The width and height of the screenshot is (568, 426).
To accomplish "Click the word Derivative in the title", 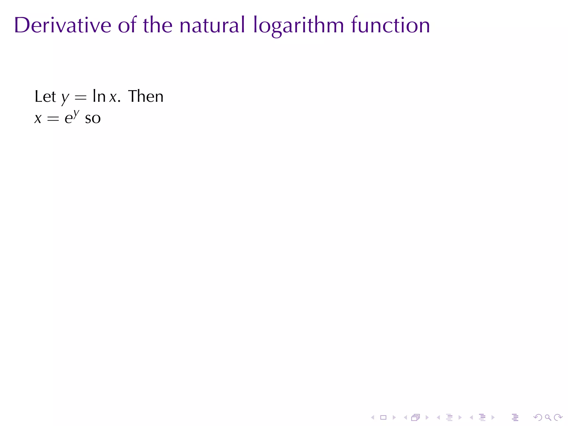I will point(63,26).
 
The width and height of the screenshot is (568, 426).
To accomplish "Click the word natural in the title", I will point(212,26).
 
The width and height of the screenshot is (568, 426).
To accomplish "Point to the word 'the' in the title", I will point(158,26).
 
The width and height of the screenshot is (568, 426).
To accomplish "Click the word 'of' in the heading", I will point(127,26).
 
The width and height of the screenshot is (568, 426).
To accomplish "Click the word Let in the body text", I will point(45,97).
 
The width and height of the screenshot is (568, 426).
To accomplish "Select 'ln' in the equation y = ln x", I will point(99,97).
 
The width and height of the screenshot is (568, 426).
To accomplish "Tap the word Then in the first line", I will point(146,97).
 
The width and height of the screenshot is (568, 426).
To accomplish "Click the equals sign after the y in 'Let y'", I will point(81,98).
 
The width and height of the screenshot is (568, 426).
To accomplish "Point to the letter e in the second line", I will point(68,119).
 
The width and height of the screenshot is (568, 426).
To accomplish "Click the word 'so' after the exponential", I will point(93,119).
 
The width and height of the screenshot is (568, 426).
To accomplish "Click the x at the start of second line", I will point(38,119).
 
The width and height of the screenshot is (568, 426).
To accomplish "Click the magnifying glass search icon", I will point(548,417).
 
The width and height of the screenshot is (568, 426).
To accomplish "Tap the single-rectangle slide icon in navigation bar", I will point(383,417).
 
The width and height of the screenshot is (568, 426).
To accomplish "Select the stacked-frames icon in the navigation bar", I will point(415,417).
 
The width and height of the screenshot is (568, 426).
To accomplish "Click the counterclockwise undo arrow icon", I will point(537,417).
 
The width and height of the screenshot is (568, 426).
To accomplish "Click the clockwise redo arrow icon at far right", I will point(558,417).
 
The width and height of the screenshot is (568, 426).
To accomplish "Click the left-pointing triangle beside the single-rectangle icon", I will point(373,417).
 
